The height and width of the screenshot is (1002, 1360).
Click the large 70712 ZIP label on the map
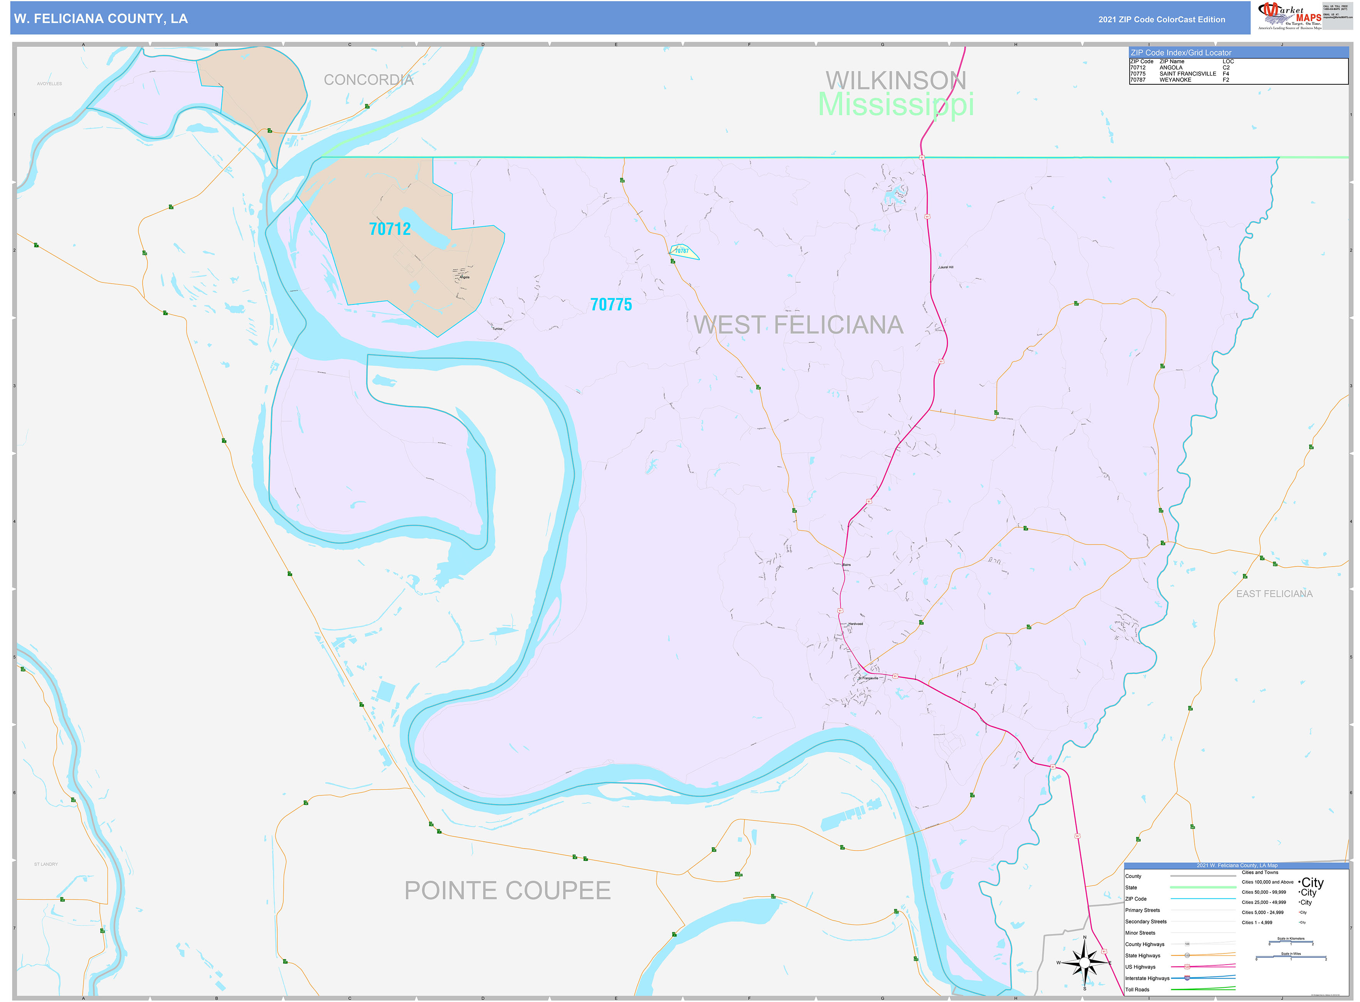tap(390, 229)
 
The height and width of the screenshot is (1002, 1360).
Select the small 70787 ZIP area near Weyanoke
tap(683, 251)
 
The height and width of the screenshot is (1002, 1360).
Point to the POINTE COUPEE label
tap(507, 890)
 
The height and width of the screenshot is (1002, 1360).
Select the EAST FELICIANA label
tap(1274, 594)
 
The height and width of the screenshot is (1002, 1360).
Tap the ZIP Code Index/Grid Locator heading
tap(1180, 53)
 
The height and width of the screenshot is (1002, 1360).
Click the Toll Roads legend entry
tap(1137, 989)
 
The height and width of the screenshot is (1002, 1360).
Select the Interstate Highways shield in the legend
tap(1187, 978)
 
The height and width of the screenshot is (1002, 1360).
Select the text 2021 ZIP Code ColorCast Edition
tap(1161, 19)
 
